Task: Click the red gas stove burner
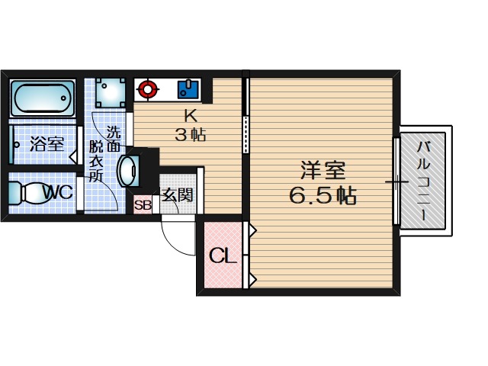[147, 88]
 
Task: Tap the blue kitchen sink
[188, 89]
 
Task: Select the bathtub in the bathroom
[43, 98]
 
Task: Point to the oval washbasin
[128, 171]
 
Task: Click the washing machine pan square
[111, 92]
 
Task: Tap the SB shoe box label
[143, 205]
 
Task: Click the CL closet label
[223, 256]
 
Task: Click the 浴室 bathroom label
[47, 144]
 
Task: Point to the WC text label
[58, 192]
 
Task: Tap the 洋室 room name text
[323, 170]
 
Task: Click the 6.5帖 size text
[323, 195]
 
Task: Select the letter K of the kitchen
[191, 117]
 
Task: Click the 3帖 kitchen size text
[190, 135]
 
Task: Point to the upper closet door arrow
[252, 230]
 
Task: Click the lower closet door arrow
[252, 280]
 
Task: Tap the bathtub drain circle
[64, 98]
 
